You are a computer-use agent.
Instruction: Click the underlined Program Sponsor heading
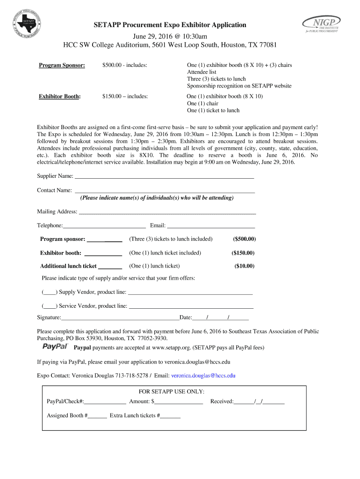point(62,65)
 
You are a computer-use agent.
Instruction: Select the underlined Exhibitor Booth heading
point(59,96)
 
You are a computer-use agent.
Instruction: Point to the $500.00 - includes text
point(125,65)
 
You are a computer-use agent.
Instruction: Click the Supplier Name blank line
point(164,176)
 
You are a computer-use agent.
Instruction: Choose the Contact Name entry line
point(164,190)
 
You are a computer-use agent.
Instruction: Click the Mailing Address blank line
point(167,212)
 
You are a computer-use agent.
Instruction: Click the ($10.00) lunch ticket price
point(245,266)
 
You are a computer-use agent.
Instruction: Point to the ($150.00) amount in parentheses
point(243,253)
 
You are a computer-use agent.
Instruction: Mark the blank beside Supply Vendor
point(50,292)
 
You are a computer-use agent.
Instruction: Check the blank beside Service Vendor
point(50,306)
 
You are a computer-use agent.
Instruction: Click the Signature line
point(120,318)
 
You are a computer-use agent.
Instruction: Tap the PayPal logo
point(55,347)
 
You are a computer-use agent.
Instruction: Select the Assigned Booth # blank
point(97,416)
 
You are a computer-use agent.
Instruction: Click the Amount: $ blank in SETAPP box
point(179,402)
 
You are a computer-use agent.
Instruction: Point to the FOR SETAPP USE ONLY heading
point(172,392)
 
